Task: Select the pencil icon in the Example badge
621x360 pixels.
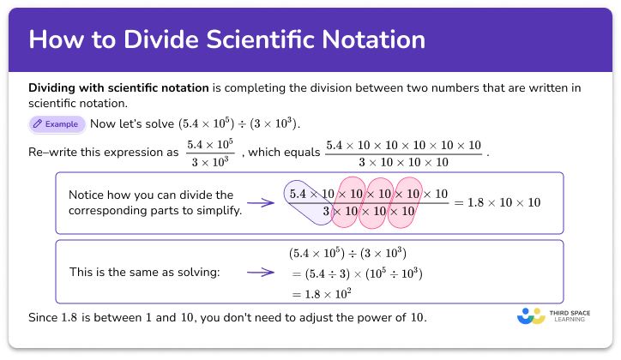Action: click(x=38, y=124)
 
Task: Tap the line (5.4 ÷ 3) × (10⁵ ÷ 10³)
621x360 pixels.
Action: click(x=356, y=273)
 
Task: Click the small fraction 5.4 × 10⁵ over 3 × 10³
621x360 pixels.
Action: click(x=209, y=153)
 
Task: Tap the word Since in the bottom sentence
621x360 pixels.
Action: click(x=43, y=318)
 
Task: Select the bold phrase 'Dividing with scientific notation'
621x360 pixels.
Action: click(x=118, y=88)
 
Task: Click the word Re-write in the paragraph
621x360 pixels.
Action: click(x=51, y=153)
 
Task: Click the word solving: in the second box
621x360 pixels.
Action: click(x=196, y=273)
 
